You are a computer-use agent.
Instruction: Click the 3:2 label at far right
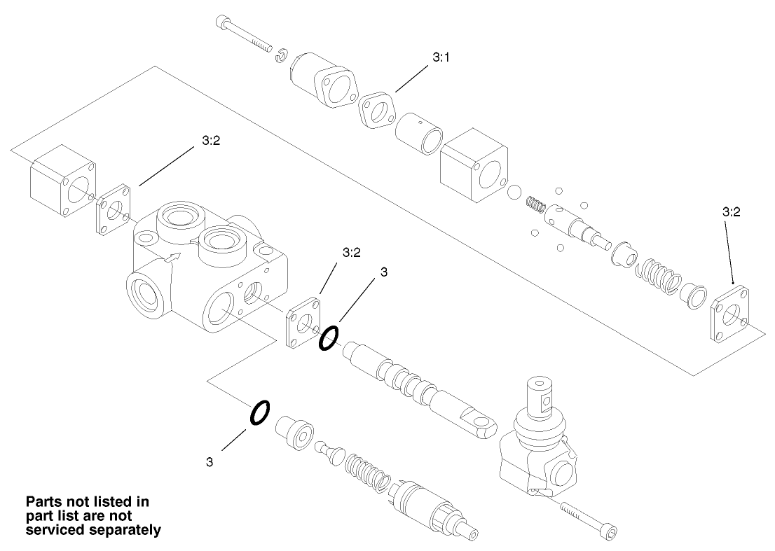(731, 211)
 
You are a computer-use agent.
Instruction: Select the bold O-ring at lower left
(259, 412)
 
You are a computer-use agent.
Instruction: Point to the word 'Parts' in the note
(45, 502)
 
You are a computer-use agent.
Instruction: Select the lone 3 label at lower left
(210, 461)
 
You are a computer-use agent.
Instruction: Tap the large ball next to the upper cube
(515, 192)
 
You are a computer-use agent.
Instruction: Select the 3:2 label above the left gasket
(211, 141)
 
